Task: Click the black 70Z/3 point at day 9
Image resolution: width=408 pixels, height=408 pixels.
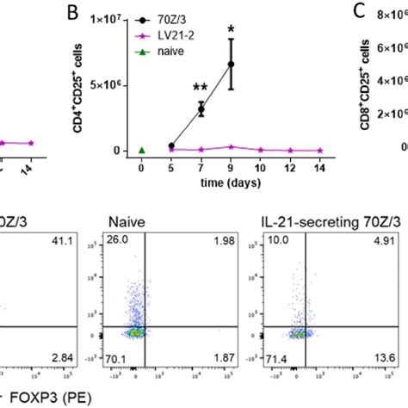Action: coord(231,64)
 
